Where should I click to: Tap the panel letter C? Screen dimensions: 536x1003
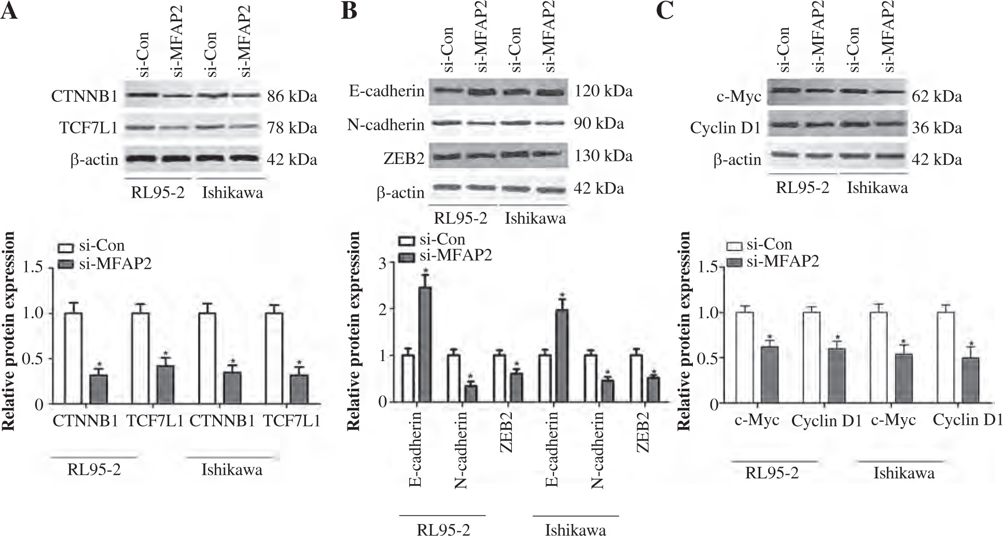coord(665,11)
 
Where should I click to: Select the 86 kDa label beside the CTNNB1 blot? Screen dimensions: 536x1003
coord(292,97)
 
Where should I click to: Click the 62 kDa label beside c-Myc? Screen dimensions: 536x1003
coord(937,97)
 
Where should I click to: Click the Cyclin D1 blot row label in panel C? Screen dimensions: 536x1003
coord(725,128)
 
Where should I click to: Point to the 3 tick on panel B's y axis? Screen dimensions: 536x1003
coord(384,263)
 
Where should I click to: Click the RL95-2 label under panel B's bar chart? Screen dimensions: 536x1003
coord(442,530)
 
